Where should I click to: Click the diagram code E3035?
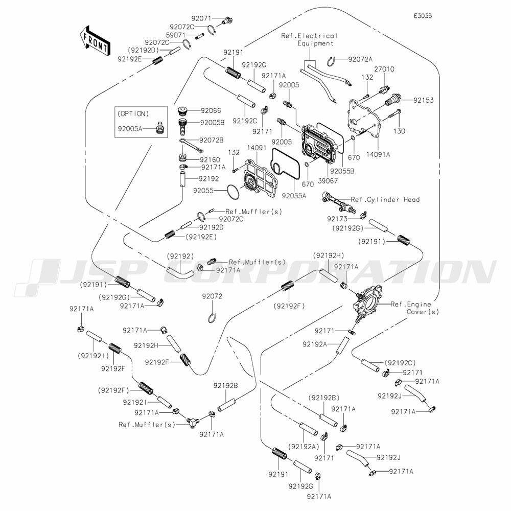point(423,16)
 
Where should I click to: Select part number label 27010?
point(384,69)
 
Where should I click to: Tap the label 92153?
point(423,100)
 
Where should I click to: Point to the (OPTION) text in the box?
point(133,113)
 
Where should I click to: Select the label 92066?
point(211,110)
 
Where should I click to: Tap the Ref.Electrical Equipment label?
point(309,39)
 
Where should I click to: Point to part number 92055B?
point(341,172)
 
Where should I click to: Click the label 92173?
point(338,218)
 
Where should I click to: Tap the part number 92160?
point(211,159)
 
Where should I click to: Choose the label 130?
point(399,131)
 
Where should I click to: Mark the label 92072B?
point(212,140)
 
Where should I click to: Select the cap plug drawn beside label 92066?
point(182,111)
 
